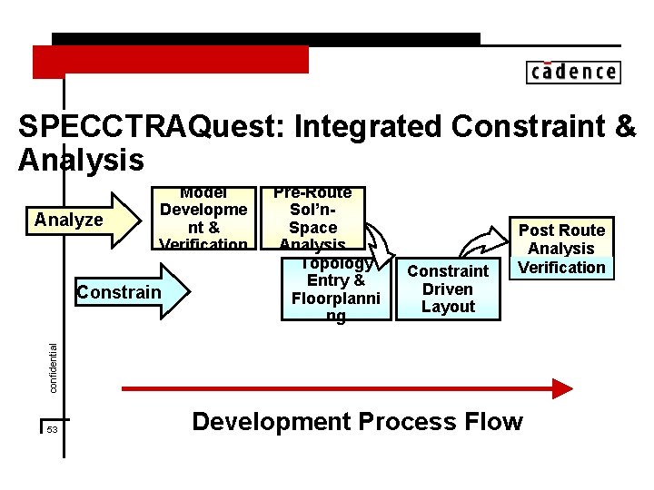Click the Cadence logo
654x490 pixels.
click(572, 72)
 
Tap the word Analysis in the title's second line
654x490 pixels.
click(81, 161)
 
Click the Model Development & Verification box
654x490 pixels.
click(203, 219)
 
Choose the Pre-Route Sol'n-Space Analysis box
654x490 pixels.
click(312, 219)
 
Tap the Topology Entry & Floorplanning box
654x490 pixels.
click(335, 289)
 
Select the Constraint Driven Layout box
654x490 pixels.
click(448, 289)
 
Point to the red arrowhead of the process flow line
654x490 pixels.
click(562, 389)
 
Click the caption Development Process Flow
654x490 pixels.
click(357, 422)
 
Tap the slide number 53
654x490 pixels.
click(52, 429)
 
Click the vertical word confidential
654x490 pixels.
click(53, 367)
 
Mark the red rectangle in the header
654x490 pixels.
click(171, 60)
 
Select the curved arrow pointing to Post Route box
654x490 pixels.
click(482, 245)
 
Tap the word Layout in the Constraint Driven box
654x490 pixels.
click(448, 307)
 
